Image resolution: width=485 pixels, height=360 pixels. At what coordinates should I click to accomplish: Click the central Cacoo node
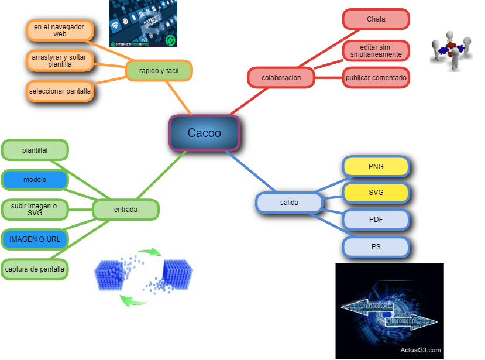204,133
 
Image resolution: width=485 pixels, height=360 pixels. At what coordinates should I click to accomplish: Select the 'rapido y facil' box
159,71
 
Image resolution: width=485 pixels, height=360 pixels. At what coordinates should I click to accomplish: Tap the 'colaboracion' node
281,77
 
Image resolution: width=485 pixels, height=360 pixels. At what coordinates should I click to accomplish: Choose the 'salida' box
289,203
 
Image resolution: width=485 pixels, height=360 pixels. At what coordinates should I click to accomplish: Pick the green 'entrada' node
126,209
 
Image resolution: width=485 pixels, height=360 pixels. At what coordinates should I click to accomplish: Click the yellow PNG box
376,167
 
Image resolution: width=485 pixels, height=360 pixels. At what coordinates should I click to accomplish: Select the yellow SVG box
376,193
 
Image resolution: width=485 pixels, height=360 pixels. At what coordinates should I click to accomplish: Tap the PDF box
376,220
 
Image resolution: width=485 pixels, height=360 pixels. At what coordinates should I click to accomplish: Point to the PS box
376,247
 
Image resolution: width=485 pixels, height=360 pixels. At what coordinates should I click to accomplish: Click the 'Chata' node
376,19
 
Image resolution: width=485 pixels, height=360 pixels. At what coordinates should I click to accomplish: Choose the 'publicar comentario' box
376,77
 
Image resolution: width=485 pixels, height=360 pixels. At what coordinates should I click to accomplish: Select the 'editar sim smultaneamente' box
376,50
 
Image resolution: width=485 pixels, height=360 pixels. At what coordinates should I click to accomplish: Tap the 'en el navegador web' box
60,30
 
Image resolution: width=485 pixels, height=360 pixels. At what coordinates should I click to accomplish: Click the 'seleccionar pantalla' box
60,91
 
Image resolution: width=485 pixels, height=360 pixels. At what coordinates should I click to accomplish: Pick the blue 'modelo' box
35,180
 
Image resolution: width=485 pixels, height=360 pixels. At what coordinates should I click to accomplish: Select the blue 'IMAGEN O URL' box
35,239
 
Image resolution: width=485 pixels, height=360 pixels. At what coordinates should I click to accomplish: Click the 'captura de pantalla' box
35,269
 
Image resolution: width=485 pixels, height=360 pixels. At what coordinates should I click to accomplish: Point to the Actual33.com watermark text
421,350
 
